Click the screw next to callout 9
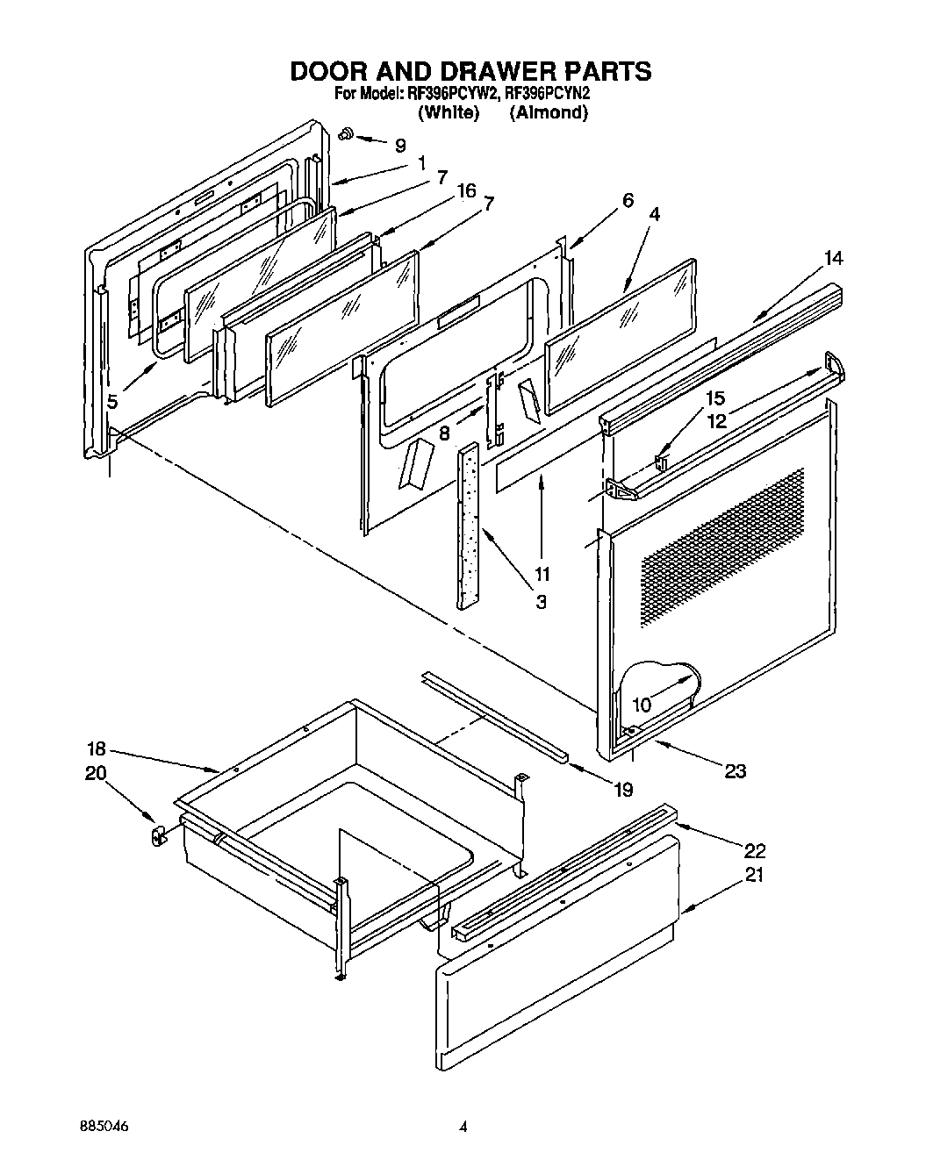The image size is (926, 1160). click(346, 134)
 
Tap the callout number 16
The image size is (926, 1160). click(466, 190)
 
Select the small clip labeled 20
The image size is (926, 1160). click(158, 835)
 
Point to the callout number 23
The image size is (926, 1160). click(735, 770)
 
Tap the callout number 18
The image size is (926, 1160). click(96, 748)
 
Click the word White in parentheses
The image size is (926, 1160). click(449, 112)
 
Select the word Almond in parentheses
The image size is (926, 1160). click(549, 112)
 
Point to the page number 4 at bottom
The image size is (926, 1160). click(463, 1126)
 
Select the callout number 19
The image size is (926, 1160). click(622, 790)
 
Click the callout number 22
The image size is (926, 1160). click(754, 850)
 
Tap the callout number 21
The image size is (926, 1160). click(754, 875)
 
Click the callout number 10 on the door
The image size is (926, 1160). click(642, 704)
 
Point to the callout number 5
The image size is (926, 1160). click(112, 402)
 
